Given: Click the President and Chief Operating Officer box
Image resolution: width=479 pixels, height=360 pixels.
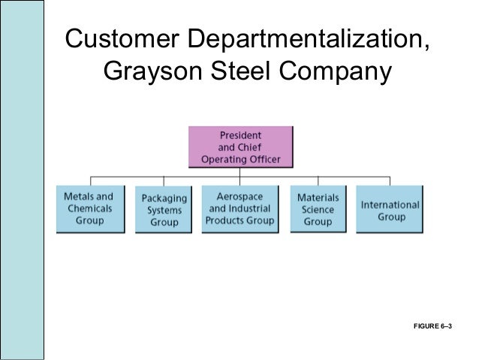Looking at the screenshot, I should pyautogui.click(x=239, y=147).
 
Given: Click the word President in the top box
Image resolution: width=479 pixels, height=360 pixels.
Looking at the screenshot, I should pyautogui.click(x=240, y=136).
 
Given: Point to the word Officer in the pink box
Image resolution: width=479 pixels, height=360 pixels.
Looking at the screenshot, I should pyautogui.click(x=262, y=159).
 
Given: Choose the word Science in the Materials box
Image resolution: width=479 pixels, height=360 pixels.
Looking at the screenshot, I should pyautogui.click(x=318, y=210).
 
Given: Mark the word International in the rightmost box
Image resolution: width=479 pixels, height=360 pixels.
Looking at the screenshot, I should pyautogui.click(x=390, y=204).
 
